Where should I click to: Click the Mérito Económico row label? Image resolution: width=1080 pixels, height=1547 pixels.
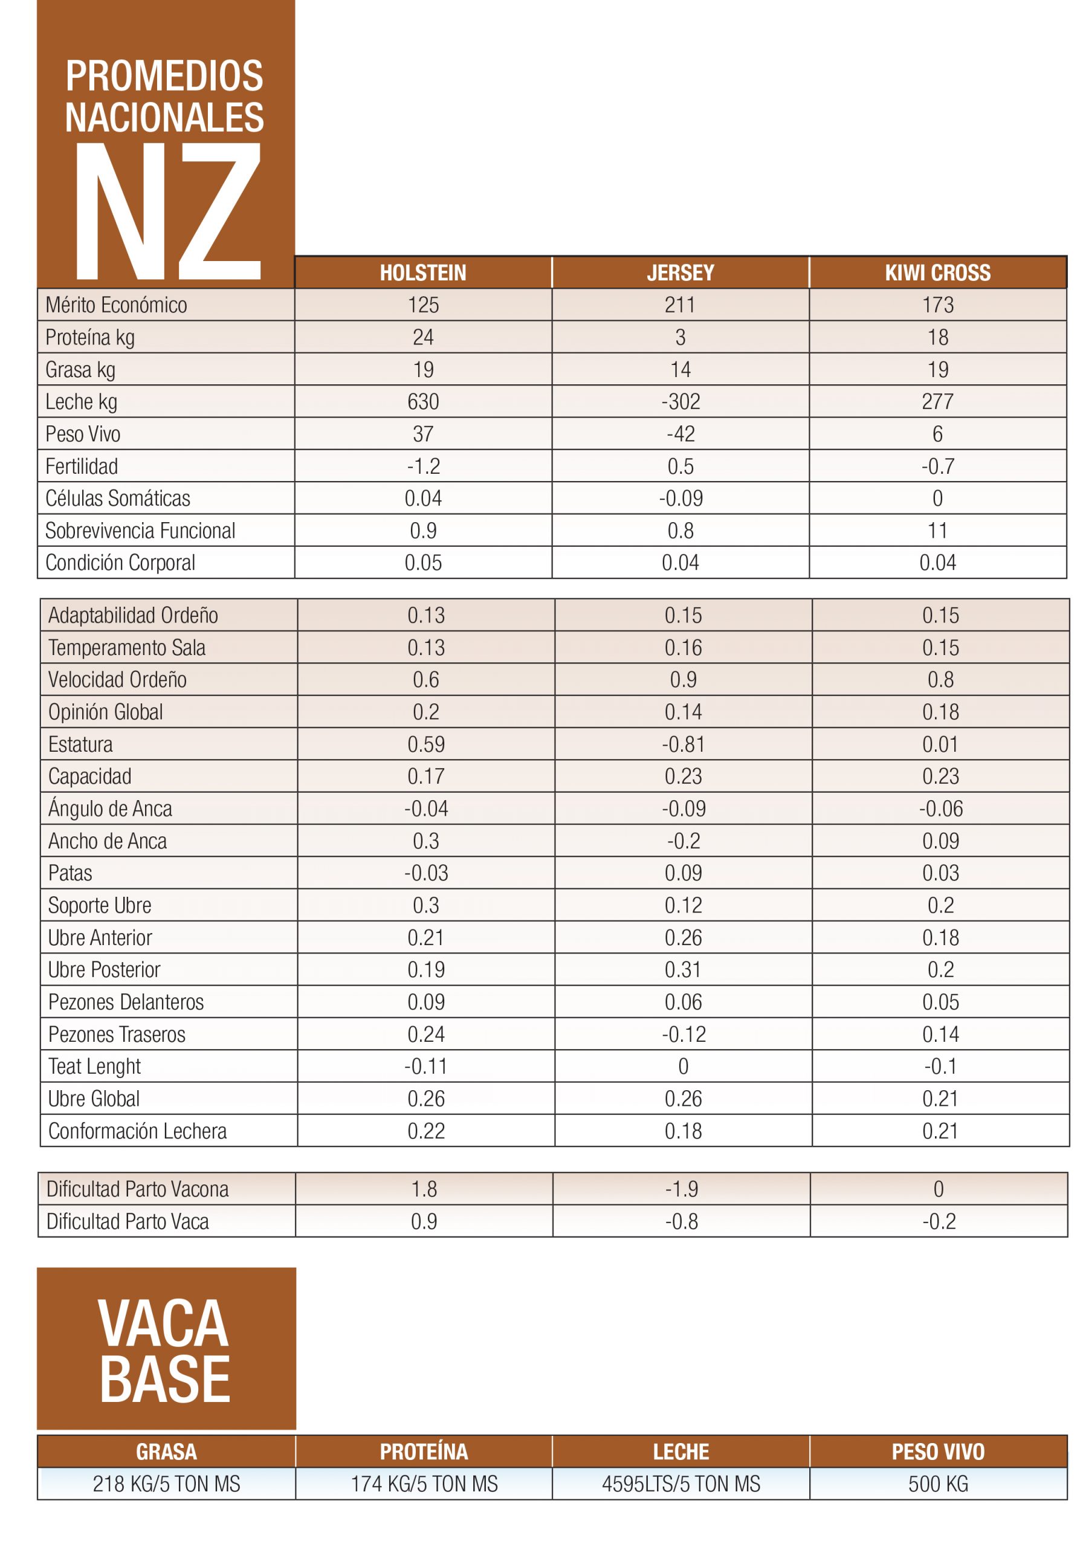click(x=116, y=305)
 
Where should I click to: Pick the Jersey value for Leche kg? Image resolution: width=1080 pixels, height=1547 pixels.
click(x=680, y=402)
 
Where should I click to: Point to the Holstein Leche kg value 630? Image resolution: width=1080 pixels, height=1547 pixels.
click(x=422, y=402)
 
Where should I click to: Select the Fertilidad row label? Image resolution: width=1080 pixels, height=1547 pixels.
click(x=82, y=467)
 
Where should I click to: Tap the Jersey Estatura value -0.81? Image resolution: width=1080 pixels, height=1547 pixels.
click(x=683, y=744)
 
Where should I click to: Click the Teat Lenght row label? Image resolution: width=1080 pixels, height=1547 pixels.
click(x=94, y=1066)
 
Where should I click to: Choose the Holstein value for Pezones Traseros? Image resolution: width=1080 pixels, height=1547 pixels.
click(x=426, y=1033)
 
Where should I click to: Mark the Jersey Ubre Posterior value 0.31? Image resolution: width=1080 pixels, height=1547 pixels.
click(x=683, y=969)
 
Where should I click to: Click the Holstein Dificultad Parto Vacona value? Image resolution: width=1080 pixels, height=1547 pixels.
click(x=424, y=1189)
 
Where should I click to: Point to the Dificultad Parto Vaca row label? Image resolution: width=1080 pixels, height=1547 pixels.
click(x=128, y=1221)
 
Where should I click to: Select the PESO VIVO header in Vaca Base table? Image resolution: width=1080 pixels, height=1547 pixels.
click(x=937, y=1452)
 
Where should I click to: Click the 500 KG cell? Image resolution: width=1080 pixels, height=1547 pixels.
click(x=937, y=1484)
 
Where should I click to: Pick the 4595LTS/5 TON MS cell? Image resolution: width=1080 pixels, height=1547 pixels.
click(x=681, y=1484)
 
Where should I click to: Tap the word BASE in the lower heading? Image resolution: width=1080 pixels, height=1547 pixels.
click(x=165, y=1378)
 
